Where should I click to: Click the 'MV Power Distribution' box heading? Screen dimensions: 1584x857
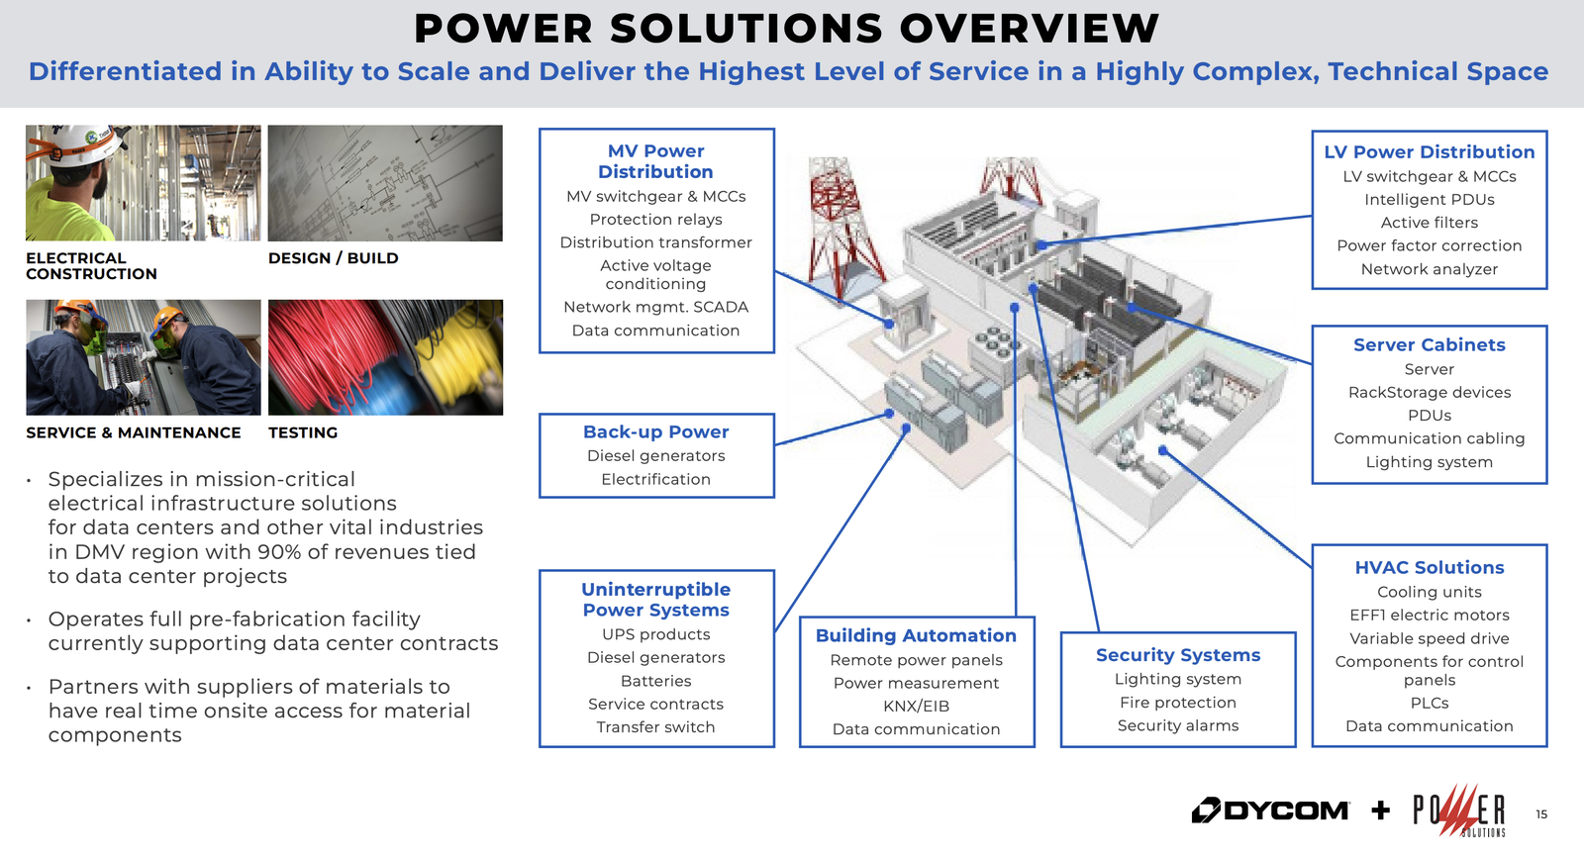click(x=655, y=161)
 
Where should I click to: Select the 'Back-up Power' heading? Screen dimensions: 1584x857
click(x=655, y=432)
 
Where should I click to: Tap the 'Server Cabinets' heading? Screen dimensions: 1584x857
click(x=1430, y=345)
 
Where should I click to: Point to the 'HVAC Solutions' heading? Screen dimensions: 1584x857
click(x=1430, y=568)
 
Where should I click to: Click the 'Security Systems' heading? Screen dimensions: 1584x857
click(x=1178, y=655)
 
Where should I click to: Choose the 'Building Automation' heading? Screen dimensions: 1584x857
click(x=916, y=635)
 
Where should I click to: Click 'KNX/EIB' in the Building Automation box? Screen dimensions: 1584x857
click(x=916, y=707)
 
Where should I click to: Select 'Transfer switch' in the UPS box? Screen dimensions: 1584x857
click(x=655, y=727)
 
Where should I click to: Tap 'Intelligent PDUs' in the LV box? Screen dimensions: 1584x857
click(x=1430, y=200)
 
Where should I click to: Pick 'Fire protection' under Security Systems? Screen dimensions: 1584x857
click(x=1178, y=703)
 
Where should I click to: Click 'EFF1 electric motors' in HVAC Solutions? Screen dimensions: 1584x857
click(x=1430, y=616)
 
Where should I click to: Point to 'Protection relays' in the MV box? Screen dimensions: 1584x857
click(x=655, y=220)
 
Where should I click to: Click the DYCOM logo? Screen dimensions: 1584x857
click(x=1270, y=810)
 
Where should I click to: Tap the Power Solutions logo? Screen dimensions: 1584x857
click(x=1459, y=811)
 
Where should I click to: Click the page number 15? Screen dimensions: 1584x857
click(x=1541, y=814)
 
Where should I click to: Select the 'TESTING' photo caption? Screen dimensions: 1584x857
click(x=303, y=432)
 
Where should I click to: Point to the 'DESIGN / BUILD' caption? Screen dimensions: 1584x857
click(x=333, y=258)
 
